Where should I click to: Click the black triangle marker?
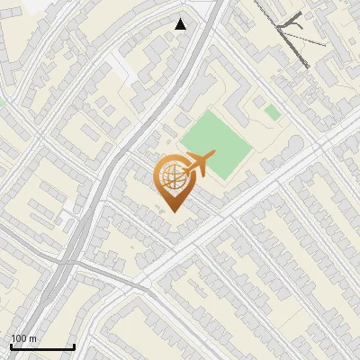pos(181,24)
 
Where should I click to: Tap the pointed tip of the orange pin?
pos(174,212)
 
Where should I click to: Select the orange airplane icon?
pos(199,165)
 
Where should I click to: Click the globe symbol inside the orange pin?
pos(174,178)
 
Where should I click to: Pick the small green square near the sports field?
pos(272,112)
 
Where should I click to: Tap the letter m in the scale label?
pos(33,339)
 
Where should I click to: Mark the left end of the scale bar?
pos(11,347)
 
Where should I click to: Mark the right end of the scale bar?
pos(74,347)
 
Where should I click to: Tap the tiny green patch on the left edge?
pos(2,102)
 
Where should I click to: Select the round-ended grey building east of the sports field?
pos(295,145)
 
